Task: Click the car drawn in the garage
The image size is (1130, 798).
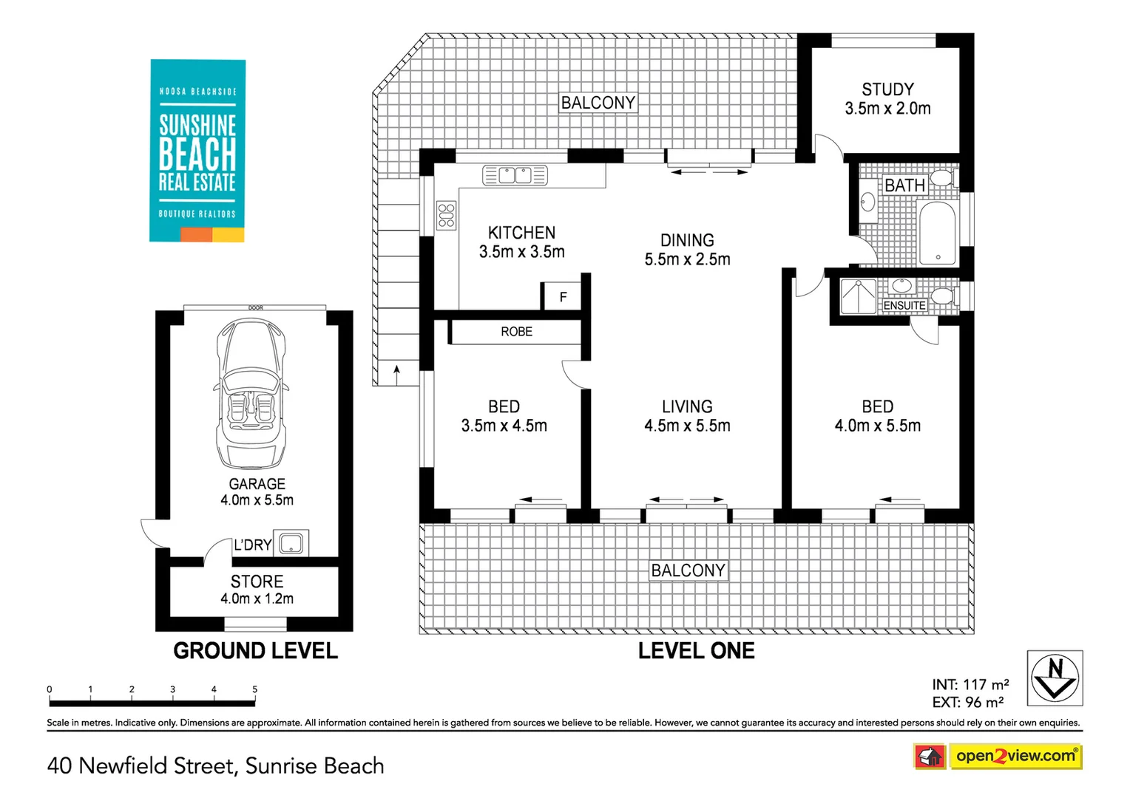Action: coord(250,393)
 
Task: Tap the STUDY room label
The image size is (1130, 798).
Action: coord(887,89)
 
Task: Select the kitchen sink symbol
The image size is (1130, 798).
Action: coord(515,175)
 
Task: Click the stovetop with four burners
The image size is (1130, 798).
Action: coord(446,216)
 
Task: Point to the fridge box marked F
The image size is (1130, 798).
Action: coord(563,297)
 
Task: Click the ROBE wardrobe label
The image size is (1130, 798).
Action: coord(516,332)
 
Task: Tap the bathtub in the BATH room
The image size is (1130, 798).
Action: coord(937,234)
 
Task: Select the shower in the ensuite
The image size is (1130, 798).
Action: coord(858,296)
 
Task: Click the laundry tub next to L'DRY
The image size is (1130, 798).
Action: coord(291,543)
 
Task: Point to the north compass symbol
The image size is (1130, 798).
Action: coord(1055,678)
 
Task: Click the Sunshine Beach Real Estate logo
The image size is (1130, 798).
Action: coord(197,151)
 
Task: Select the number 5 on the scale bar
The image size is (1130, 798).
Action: coord(255,689)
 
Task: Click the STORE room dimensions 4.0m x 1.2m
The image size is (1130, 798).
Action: coord(257,599)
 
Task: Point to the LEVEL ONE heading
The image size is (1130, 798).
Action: coord(696,651)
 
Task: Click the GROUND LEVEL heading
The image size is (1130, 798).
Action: coord(255,651)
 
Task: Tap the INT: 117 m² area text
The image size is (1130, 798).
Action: coord(970,685)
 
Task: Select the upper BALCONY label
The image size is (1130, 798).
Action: coord(598,103)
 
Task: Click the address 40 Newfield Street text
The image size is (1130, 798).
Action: coord(215,765)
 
